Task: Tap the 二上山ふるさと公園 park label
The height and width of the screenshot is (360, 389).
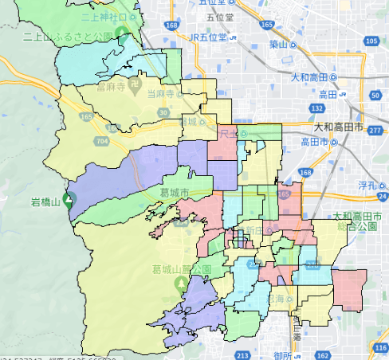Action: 69,37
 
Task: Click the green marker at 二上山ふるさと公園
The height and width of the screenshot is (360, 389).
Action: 122,34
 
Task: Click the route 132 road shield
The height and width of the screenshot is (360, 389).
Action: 316,108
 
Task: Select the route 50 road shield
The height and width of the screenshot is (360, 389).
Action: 375,95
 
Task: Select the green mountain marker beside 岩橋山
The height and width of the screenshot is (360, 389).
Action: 69,200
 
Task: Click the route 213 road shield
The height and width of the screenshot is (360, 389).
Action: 243,354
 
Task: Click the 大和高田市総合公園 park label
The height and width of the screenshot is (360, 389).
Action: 360,221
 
